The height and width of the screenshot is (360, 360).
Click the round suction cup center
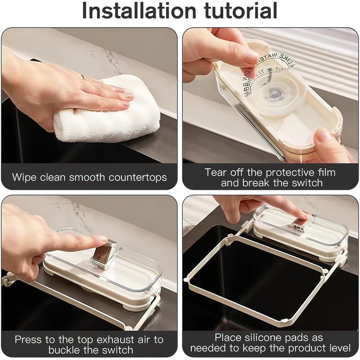click(x=271, y=94)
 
